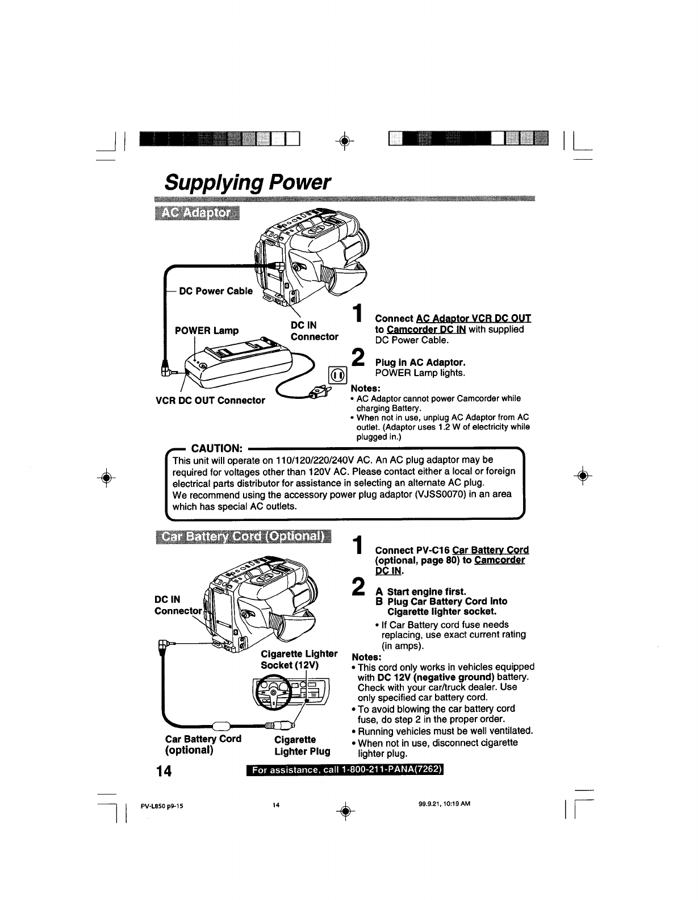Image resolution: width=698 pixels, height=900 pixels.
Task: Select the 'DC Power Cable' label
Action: (x=216, y=291)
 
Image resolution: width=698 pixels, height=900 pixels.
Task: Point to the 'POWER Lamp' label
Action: (x=206, y=331)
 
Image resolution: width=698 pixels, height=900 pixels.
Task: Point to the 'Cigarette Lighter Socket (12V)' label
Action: (x=299, y=659)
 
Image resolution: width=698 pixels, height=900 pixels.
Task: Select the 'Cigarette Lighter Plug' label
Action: (x=302, y=745)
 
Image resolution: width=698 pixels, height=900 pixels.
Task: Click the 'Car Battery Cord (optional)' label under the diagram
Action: (x=203, y=744)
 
